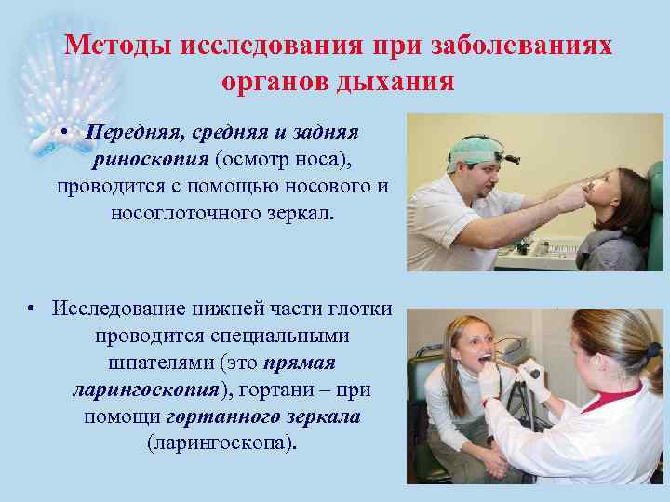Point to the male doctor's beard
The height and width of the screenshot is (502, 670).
click(485, 187)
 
